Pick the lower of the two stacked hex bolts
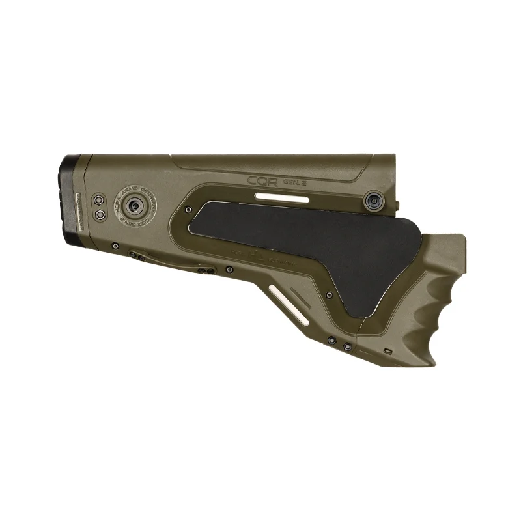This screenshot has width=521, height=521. pyautogui.click(x=99, y=214)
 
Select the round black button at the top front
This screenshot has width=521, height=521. pyautogui.click(x=373, y=201)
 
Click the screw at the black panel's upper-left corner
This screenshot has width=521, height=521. pyautogui.click(x=188, y=210)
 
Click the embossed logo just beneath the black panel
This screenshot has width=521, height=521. pyautogui.click(x=260, y=255)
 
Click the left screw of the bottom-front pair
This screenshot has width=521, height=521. pyautogui.click(x=331, y=339)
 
